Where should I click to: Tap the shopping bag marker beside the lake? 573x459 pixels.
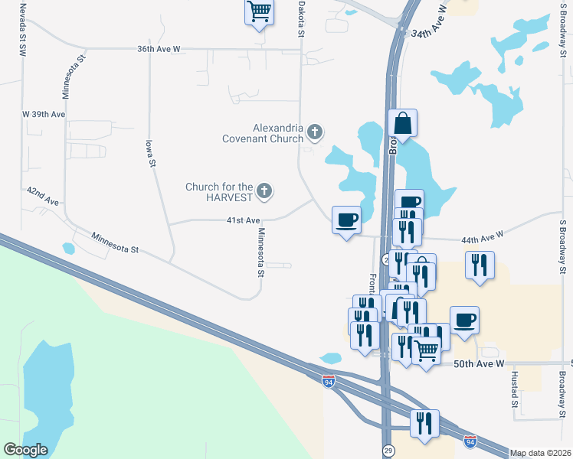click(x=403, y=124)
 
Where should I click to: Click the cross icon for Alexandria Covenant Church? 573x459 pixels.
click(x=314, y=133)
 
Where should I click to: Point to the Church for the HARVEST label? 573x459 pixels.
click(x=219, y=192)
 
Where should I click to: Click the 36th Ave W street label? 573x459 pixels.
click(x=159, y=49)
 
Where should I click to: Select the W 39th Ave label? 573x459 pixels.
click(x=44, y=114)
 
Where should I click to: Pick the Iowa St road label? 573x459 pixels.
click(x=152, y=153)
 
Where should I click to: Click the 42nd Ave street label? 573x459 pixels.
click(x=43, y=195)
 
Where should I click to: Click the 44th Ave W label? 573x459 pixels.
click(x=482, y=238)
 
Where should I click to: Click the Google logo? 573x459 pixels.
click(x=25, y=450)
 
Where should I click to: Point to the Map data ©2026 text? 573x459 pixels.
click(x=541, y=453)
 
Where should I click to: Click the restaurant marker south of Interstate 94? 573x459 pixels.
click(x=424, y=424)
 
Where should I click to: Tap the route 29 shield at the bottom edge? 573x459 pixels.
click(x=388, y=451)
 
